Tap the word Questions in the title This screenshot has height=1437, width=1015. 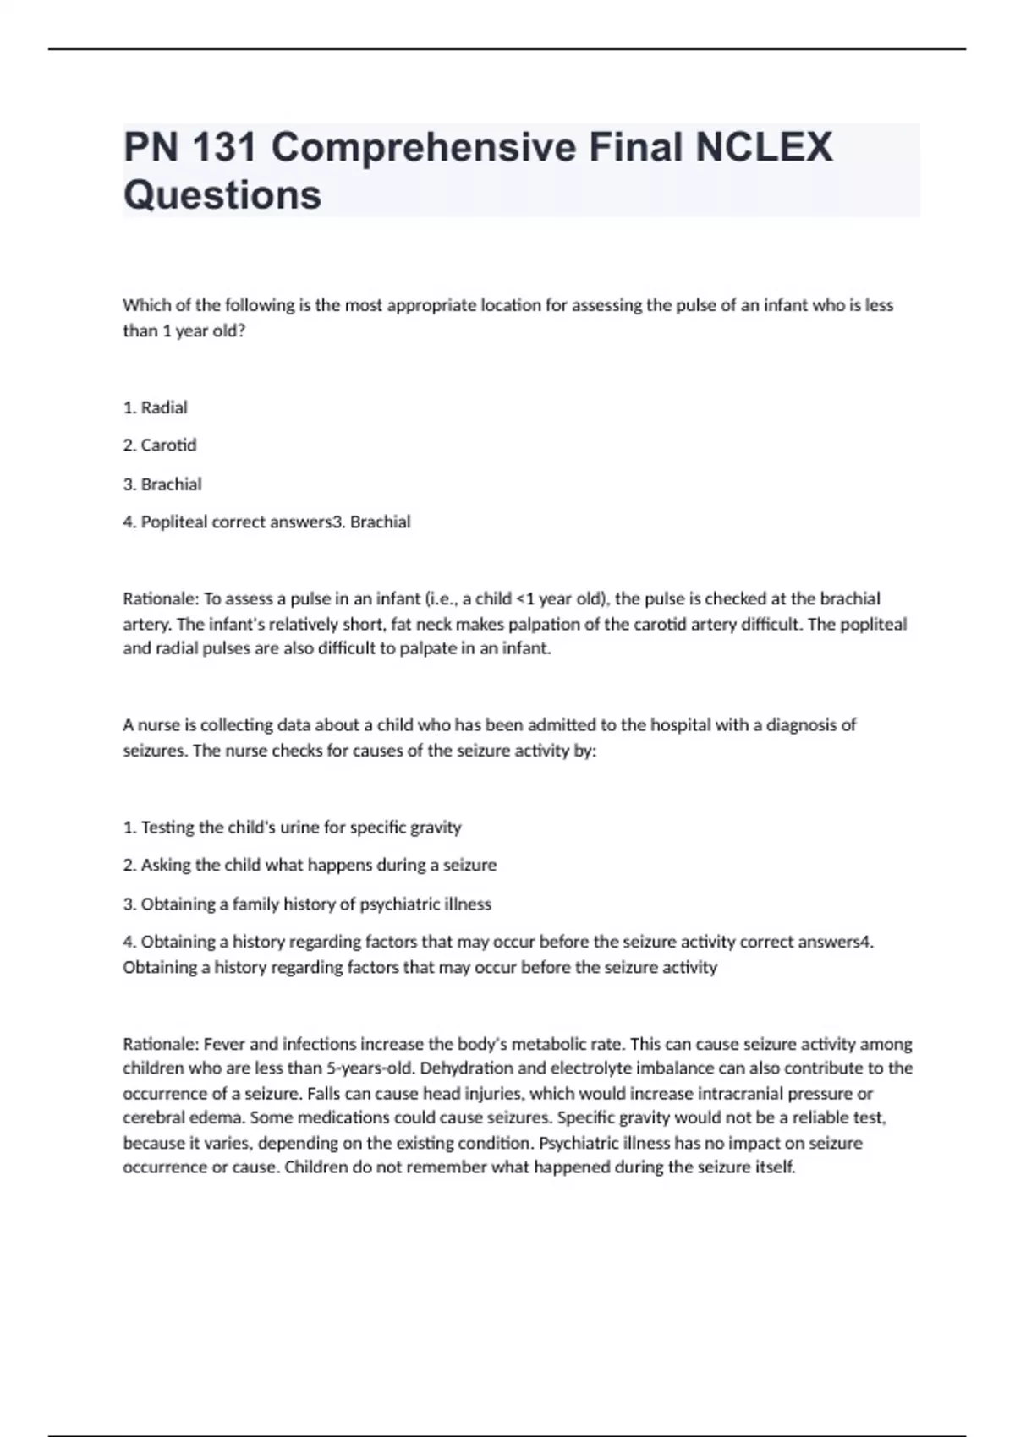coord(222,194)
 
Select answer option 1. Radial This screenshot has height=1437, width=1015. coord(156,407)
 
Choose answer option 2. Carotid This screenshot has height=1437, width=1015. coord(160,445)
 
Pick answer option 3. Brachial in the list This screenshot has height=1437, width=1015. coord(162,484)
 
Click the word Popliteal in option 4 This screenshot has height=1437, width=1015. coord(173,522)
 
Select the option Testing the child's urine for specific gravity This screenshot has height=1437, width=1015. coord(293,828)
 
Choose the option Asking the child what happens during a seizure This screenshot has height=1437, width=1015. coord(310,866)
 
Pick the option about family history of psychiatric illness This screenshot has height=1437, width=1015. coord(307,904)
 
